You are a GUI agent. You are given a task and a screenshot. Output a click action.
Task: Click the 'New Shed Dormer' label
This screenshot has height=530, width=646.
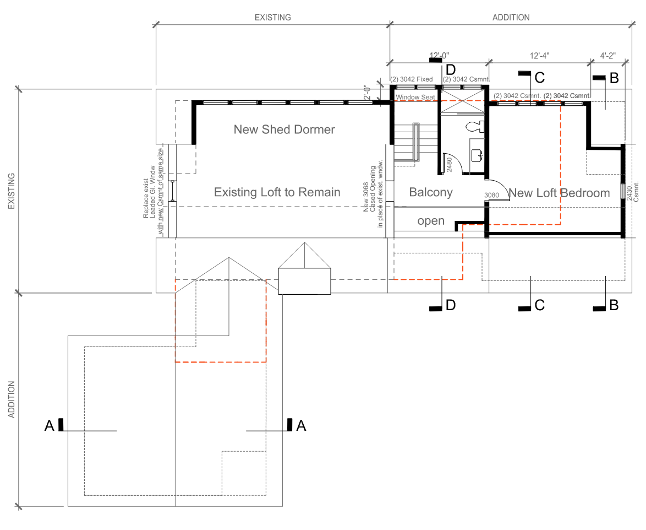point(284,129)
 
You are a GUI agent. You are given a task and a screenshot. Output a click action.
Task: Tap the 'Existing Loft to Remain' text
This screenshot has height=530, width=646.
point(277,192)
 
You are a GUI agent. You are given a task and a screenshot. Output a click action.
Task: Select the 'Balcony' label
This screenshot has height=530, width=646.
point(431,192)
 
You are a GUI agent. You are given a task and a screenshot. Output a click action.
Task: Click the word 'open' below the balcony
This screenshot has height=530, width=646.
point(431,221)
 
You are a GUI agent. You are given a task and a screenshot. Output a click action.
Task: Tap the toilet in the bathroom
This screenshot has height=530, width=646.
point(473,127)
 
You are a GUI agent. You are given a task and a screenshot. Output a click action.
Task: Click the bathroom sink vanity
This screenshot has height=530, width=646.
point(477,155)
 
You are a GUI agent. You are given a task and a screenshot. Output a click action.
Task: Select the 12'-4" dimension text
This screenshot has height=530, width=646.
point(540,56)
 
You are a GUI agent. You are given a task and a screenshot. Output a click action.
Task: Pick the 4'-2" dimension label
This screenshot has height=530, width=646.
point(607,56)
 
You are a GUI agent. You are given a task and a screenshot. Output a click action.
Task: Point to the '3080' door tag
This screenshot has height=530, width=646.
point(491,195)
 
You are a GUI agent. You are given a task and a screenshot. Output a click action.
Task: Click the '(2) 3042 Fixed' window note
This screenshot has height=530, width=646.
point(412,79)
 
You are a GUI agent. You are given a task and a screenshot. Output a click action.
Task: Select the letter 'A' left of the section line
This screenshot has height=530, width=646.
point(49,425)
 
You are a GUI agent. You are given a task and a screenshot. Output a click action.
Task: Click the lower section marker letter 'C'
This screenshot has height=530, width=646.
point(539,305)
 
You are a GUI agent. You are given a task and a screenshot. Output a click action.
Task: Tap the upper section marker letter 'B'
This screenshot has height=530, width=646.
point(614,78)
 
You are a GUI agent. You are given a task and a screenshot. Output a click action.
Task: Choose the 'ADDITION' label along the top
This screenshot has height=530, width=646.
point(511,18)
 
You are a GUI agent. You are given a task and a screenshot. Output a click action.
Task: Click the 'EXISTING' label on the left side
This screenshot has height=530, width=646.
point(11,191)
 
